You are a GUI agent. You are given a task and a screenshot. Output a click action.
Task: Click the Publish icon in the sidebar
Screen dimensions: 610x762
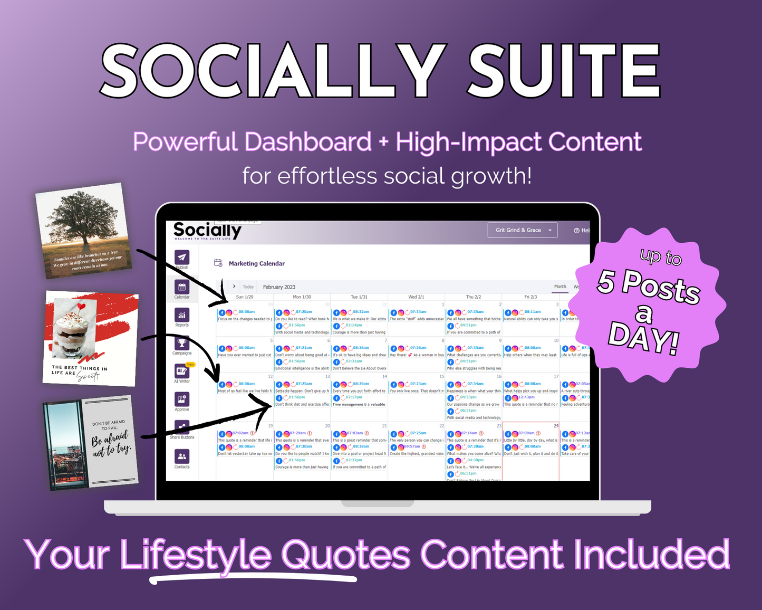(182, 258)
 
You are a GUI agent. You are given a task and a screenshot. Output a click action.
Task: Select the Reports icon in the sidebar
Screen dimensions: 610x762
(182, 315)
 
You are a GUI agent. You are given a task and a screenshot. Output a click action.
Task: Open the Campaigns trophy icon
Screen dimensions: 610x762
(182, 343)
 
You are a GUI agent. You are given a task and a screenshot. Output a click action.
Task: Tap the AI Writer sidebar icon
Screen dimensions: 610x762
(181, 371)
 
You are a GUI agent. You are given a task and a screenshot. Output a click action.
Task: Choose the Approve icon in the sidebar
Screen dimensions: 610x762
(182, 399)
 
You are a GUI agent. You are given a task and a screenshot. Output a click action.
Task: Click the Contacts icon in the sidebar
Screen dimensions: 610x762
(182, 456)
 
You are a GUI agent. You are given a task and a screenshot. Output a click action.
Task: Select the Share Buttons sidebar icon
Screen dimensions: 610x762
(182, 427)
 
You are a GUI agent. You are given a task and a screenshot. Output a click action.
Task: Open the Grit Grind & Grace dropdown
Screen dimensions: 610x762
(522, 230)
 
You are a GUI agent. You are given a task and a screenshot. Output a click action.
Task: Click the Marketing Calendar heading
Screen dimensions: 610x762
(256, 263)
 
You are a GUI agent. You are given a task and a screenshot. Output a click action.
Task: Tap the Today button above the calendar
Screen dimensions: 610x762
(248, 287)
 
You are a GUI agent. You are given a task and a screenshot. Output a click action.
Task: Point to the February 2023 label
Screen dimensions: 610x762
(279, 287)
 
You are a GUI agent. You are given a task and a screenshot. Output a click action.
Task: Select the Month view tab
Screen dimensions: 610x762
(560, 287)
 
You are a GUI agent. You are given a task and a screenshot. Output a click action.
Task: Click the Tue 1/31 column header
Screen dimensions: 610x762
(359, 297)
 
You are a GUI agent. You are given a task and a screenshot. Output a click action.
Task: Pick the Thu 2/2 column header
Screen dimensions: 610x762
(473, 297)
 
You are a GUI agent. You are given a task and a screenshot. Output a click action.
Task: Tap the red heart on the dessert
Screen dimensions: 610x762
(81, 306)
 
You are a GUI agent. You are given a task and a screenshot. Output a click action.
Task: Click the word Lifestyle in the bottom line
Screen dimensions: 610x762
(196, 555)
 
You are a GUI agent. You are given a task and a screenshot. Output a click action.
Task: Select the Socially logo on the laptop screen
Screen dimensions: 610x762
(207, 231)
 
